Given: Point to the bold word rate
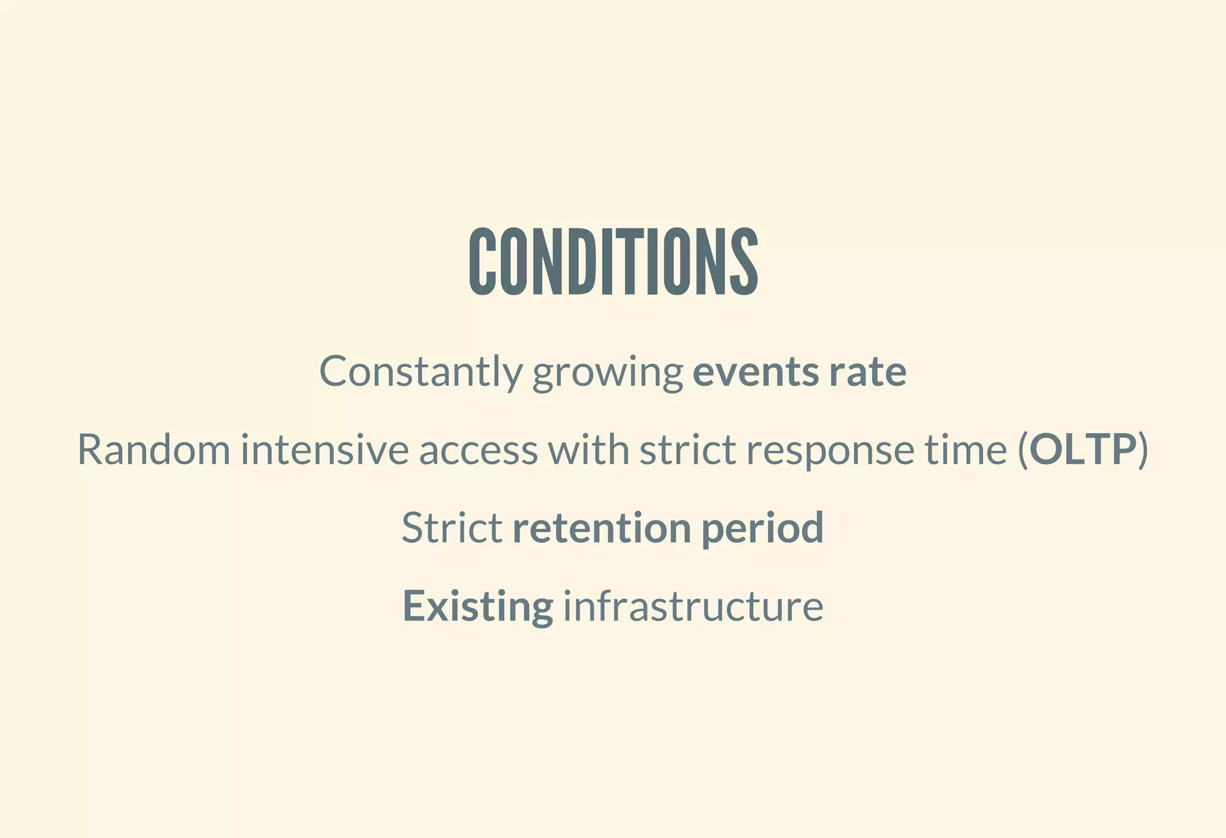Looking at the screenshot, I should pos(868,372).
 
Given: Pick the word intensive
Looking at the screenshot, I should pos(324,450).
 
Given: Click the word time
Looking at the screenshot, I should pos(966,450).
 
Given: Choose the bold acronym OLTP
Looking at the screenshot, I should pos(1083,450).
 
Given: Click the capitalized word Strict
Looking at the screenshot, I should pos(451,528).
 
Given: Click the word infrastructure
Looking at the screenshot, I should pos(693,606).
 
